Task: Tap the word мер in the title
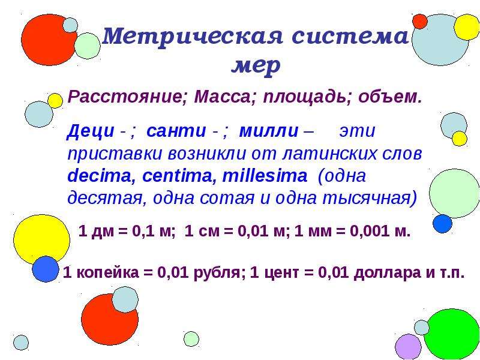[256, 65]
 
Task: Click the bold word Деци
[91, 131]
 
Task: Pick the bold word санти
[176, 131]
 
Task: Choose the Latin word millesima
[265, 176]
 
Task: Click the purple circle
[409, 347]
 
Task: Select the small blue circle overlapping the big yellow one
[46, 269]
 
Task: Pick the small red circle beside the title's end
[419, 22]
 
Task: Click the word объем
[390, 97]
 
